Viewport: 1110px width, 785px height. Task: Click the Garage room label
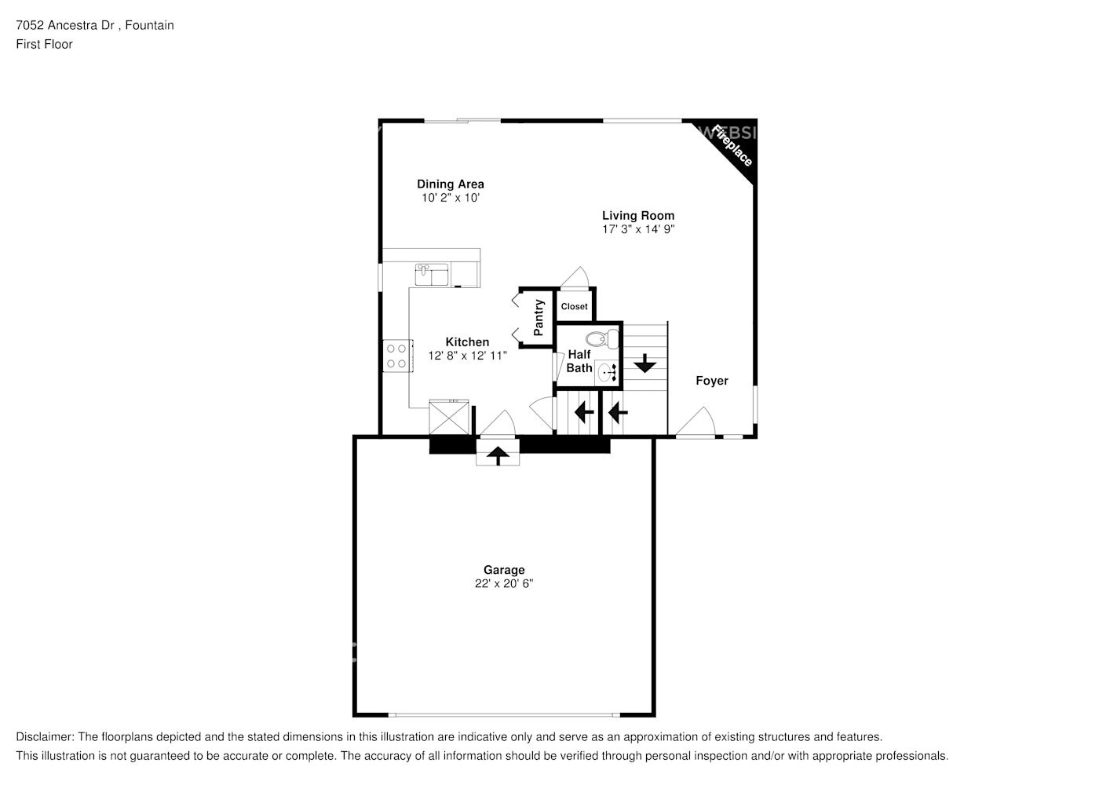tap(503, 570)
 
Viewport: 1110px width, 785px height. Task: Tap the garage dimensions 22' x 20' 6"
tap(503, 584)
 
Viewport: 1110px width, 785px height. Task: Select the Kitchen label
tap(467, 341)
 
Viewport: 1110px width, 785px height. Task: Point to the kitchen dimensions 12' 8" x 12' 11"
tap(467, 356)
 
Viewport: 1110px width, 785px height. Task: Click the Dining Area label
tap(450, 184)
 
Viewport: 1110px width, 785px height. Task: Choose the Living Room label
tap(637, 215)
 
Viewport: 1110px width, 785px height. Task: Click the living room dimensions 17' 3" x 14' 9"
tap(637, 229)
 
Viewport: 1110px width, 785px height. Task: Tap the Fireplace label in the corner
tap(732, 145)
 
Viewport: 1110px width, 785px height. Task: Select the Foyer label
tap(711, 381)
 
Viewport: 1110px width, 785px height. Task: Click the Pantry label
tap(539, 318)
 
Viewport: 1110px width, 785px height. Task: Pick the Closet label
tap(574, 306)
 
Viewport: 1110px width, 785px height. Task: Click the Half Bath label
tap(579, 361)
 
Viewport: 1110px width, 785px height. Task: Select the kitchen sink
tap(431, 275)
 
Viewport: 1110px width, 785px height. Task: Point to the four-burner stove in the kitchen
tap(396, 355)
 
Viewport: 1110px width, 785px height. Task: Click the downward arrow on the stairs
tap(644, 363)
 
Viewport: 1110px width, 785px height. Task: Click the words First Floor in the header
tap(44, 44)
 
